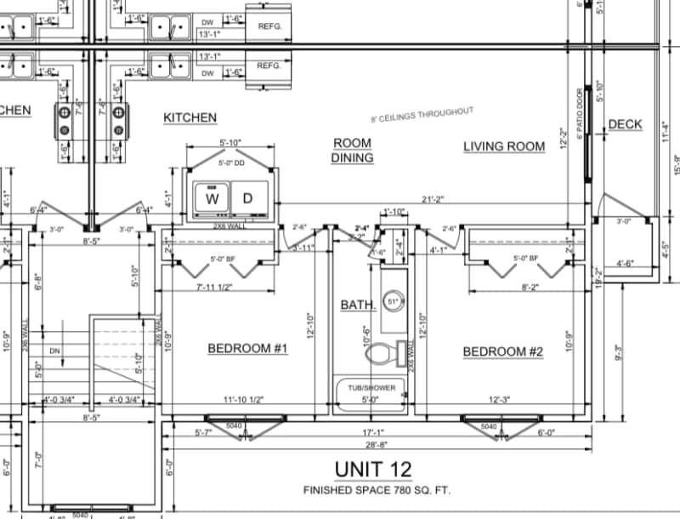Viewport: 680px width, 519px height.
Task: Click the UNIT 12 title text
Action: (373, 469)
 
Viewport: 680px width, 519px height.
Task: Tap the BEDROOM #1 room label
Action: (248, 349)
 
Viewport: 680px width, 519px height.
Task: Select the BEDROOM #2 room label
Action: (503, 351)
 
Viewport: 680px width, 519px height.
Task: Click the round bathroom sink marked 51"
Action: (393, 301)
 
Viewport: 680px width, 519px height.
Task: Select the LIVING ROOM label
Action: (504, 146)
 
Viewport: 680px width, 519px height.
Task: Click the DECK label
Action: (625, 125)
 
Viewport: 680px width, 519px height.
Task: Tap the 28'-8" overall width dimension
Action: (375, 445)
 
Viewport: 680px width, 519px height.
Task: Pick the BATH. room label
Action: (358, 305)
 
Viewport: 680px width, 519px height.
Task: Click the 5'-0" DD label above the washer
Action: (231, 163)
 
